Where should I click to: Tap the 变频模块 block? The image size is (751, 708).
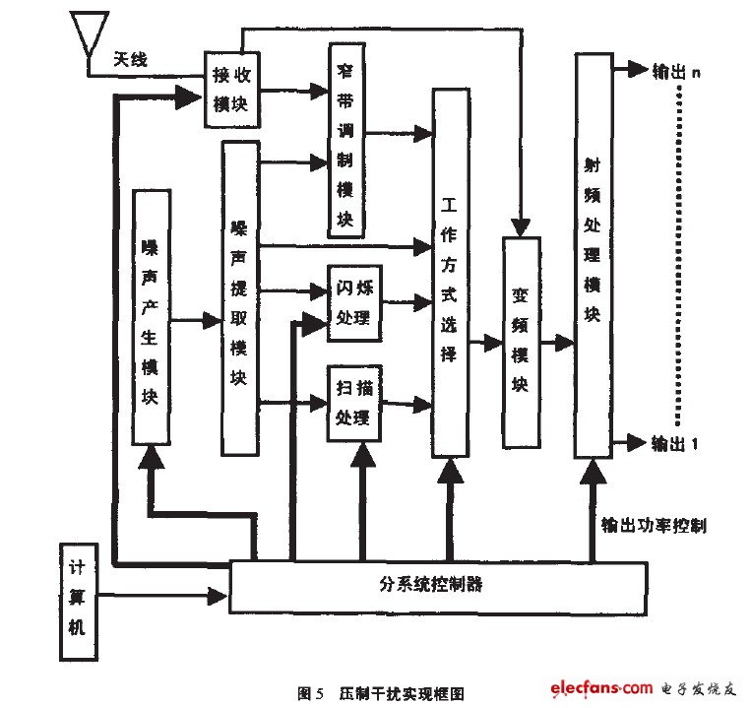click(x=521, y=341)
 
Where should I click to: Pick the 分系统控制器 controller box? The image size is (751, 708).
click(x=437, y=585)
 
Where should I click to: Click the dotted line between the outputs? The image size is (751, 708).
click(x=679, y=256)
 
